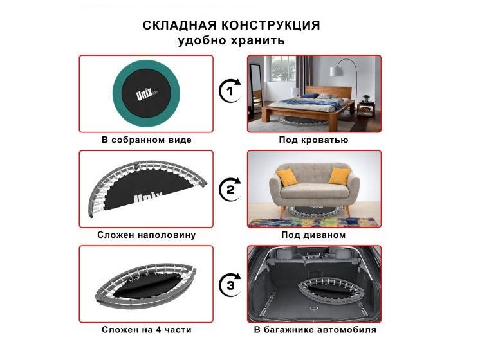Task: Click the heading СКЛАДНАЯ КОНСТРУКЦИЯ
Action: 232,25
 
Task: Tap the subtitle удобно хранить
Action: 232,40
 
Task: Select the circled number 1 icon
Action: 230,91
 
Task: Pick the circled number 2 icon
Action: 230,190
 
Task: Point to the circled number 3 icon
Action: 230,285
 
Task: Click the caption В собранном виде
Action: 146,140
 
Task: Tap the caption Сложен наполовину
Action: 146,235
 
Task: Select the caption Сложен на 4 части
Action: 146,330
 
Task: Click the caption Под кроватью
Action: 313,140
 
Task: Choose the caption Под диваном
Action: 313,235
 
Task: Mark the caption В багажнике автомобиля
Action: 315,330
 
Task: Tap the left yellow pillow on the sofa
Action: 287,177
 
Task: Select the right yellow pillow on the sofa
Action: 340,176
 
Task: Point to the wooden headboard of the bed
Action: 328,92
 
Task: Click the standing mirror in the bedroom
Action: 256,87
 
